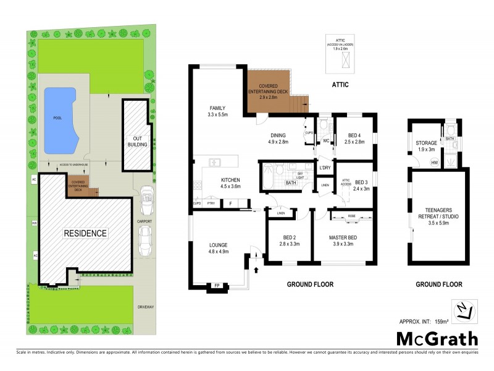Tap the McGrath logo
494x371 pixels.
[437, 338]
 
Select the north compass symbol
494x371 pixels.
[464, 310]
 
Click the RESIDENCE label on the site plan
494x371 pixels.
[86, 233]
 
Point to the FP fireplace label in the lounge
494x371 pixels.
[217, 286]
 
